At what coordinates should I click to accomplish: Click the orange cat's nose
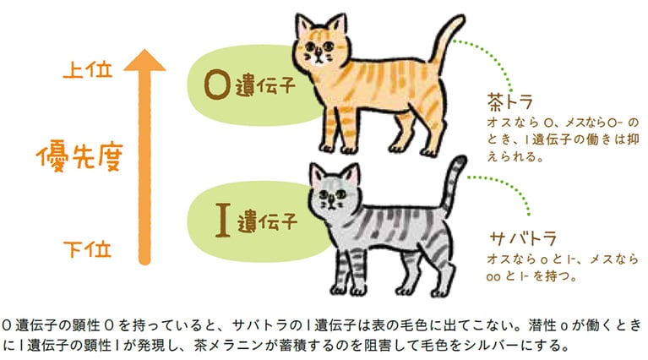318,58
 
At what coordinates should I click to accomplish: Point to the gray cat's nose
329,203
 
